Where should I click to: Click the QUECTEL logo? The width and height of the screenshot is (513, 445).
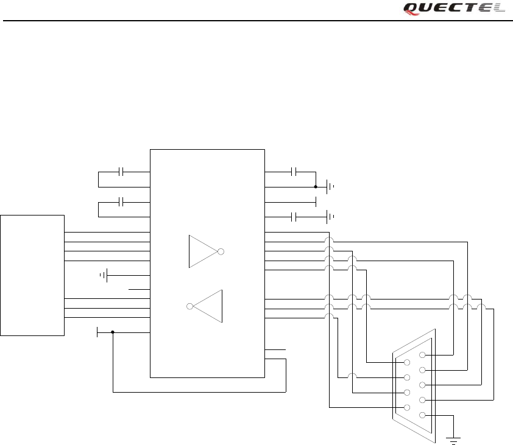[x=454, y=9]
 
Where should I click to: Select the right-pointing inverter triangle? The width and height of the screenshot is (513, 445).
[x=203, y=251]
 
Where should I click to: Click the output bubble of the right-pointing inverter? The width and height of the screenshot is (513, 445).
[x=221, y=251]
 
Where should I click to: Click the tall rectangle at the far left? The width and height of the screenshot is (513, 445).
[x=32, y=275]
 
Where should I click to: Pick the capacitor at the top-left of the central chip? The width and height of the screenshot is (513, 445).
[x=122, y=172]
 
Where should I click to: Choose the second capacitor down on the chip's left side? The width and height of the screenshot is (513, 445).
[x=122, y=201]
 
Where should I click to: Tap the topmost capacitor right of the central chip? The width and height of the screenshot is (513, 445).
[x=294, y=172]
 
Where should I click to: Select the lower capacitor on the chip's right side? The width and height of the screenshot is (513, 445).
[x=294, y=217]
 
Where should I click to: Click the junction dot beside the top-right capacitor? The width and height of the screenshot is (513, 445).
[x=316, y=187]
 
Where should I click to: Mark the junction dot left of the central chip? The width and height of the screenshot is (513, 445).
[x=113, y=332]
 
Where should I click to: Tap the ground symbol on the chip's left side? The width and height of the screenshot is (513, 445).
[x=105, y=276]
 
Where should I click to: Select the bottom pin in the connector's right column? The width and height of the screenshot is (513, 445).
[x=422, y=415]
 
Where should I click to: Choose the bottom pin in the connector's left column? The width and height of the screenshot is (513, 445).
[x=406, y=407]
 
